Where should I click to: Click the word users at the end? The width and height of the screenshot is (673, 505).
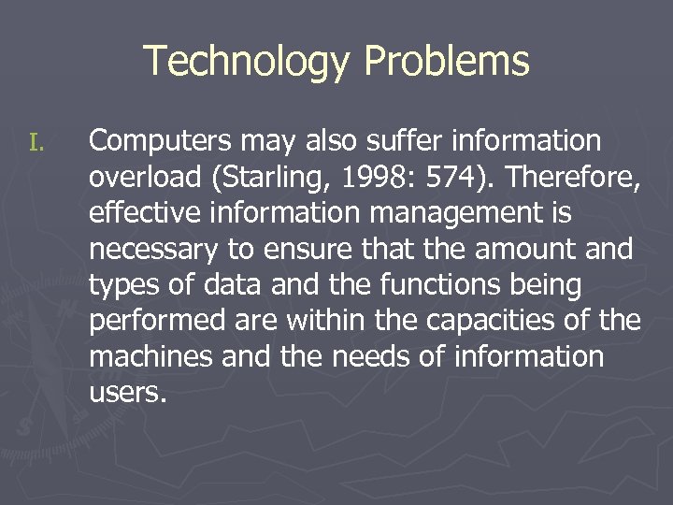125,393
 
